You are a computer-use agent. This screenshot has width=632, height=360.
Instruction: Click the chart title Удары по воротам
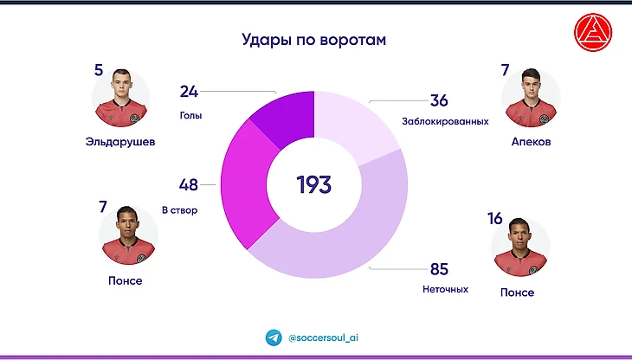point(313,40)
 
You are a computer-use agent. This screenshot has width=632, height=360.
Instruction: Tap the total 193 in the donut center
point(314,184)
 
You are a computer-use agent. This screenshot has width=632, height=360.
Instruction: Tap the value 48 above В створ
point(189,184)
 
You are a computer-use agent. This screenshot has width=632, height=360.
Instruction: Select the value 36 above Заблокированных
point(439,100)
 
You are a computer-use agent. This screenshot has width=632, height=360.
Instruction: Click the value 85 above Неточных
point(439,268)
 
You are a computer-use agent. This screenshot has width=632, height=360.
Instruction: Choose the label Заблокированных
point(445,121)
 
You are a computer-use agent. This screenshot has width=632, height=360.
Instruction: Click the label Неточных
point(445,289)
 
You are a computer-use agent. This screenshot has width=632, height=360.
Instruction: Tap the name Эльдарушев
point(121,141)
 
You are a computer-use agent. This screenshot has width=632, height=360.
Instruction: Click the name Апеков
point(531,141)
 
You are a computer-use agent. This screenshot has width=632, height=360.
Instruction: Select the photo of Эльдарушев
point(120,99)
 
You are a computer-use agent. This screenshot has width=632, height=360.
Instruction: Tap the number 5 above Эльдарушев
point(98,69)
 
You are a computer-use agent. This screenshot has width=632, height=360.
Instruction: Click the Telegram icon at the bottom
point(274,337)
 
